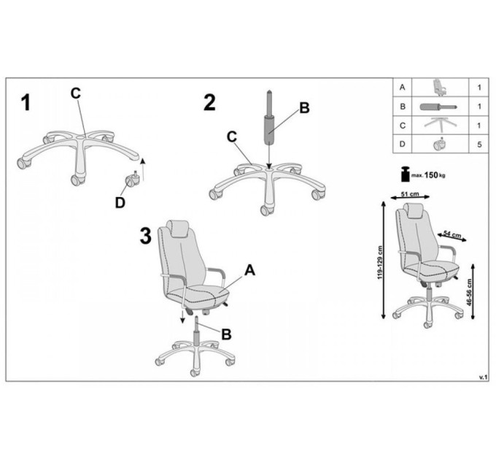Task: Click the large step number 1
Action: pyautogui.click(x=26, y=102)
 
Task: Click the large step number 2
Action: pyautogui.click(x=209, y=102)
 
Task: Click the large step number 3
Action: pyautogui.click(x=145, y=236)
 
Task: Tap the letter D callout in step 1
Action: pyautogui.click(x=120, y=202)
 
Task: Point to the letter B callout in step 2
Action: pyautogui.click(x=304, y=108)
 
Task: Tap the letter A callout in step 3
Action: pyautogui.click(x=250, y=270)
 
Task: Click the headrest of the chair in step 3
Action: pyautogui.click(x=179, y=229)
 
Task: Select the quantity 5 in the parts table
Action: pyautogui.click(x=479, y=145)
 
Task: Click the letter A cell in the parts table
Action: pyautogui.click(x=403, y=88)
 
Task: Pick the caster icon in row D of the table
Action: pyautogui.click(x=439, y=144)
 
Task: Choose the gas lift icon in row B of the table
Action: pyautogui.click(x=439, y=107)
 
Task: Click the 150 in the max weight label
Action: pyautogui.click(x=431, y=175)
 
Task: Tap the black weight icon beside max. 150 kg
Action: pyautogui.click(x=406, y=174)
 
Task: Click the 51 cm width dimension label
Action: pyautogui.click(x=410, y=193)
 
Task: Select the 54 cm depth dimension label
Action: pyautogui.click(x=452, y=234)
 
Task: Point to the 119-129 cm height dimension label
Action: pyautogui.click(x=380, y=263)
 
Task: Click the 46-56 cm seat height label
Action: pyautogui.click(x=469, y=292)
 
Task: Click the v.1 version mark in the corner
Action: pyautogui.click(x=484, y=377)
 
